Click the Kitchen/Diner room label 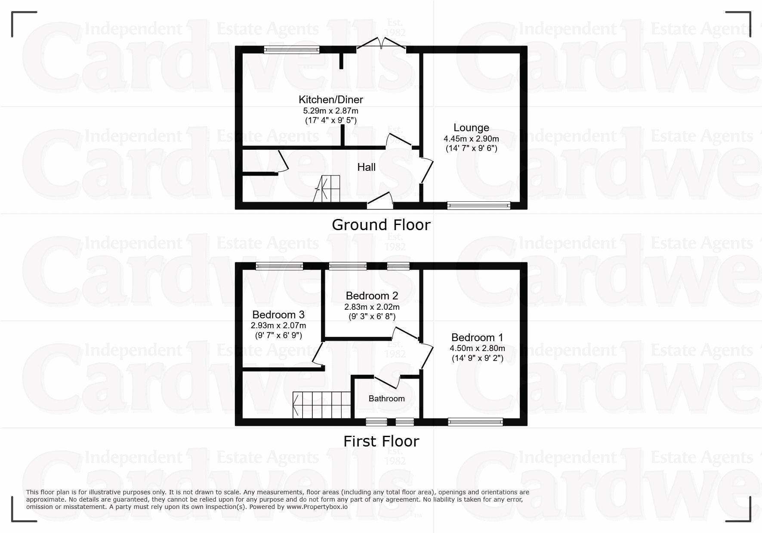tap(331, 100)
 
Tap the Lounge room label tap(471, 128)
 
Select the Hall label tap(366, 167)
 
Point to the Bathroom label tap(386, 398)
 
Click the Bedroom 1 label tap(477, 338)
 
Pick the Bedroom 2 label tap(372, 296)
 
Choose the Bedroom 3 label tap(278, 315)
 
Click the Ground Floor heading tap(381, 225)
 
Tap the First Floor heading tap(381, 441)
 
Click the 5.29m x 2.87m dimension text tap(331, 111)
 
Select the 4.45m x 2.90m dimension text tap(471, 139)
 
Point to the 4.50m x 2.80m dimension tap(477, 348)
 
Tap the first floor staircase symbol tap(322, 405)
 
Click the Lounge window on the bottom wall tap(479, 206)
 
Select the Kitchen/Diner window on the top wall tap(292, 50)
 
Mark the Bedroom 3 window tap(279, 266)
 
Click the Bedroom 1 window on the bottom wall tap(475, 422)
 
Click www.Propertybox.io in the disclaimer tap(317, 507)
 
